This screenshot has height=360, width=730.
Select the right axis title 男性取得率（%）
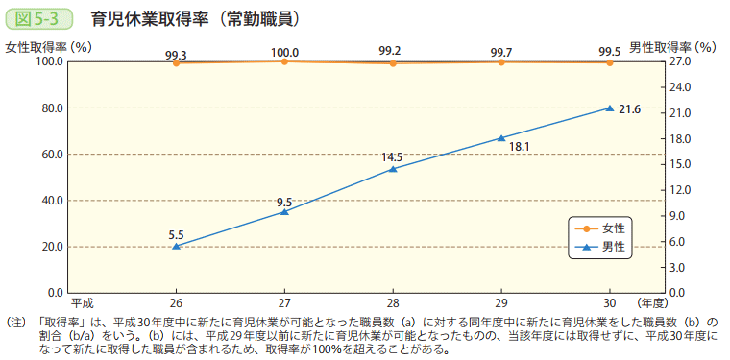point(672,46)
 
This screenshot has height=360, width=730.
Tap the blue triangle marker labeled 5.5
point(177,246)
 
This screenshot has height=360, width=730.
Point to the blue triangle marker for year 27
point(284,211)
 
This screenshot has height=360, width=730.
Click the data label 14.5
point(392,156)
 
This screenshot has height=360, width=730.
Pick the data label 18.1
point(520,147)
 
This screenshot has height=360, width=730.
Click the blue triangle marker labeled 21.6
point(609,108)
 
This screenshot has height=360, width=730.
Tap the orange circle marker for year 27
point(284,61)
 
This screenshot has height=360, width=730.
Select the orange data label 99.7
point(500,52)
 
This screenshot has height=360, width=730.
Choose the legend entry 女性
point(614,228)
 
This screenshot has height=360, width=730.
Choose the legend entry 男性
point(614,247)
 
